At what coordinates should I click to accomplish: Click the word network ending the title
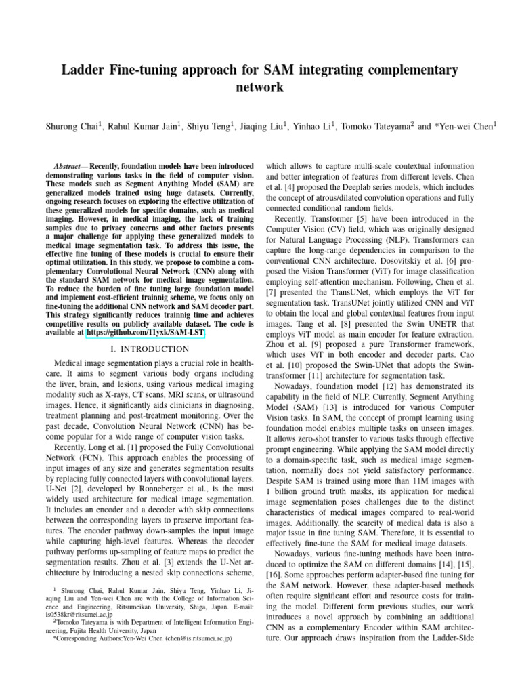pyautogui.click(x=260, y=88)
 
